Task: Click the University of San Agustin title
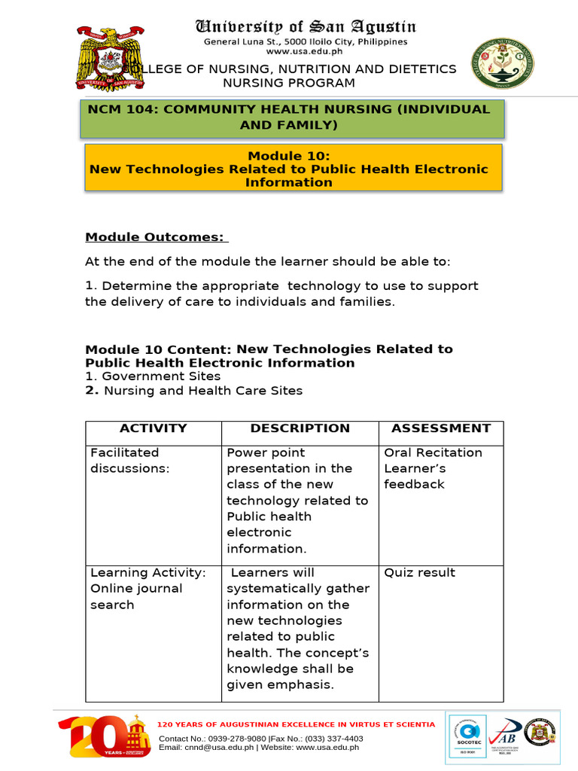(x=306, y=27)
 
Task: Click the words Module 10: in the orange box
(x=289, y=156)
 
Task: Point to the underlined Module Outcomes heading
(x=156, y=237)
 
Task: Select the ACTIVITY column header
(x=154, y=428)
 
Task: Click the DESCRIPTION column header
(x=300, y=428)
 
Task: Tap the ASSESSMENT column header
(x=440, y=428)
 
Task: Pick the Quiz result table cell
(x=419, y=573)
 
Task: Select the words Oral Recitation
(x=433, y=453)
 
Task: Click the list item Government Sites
(x=161, y=376)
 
